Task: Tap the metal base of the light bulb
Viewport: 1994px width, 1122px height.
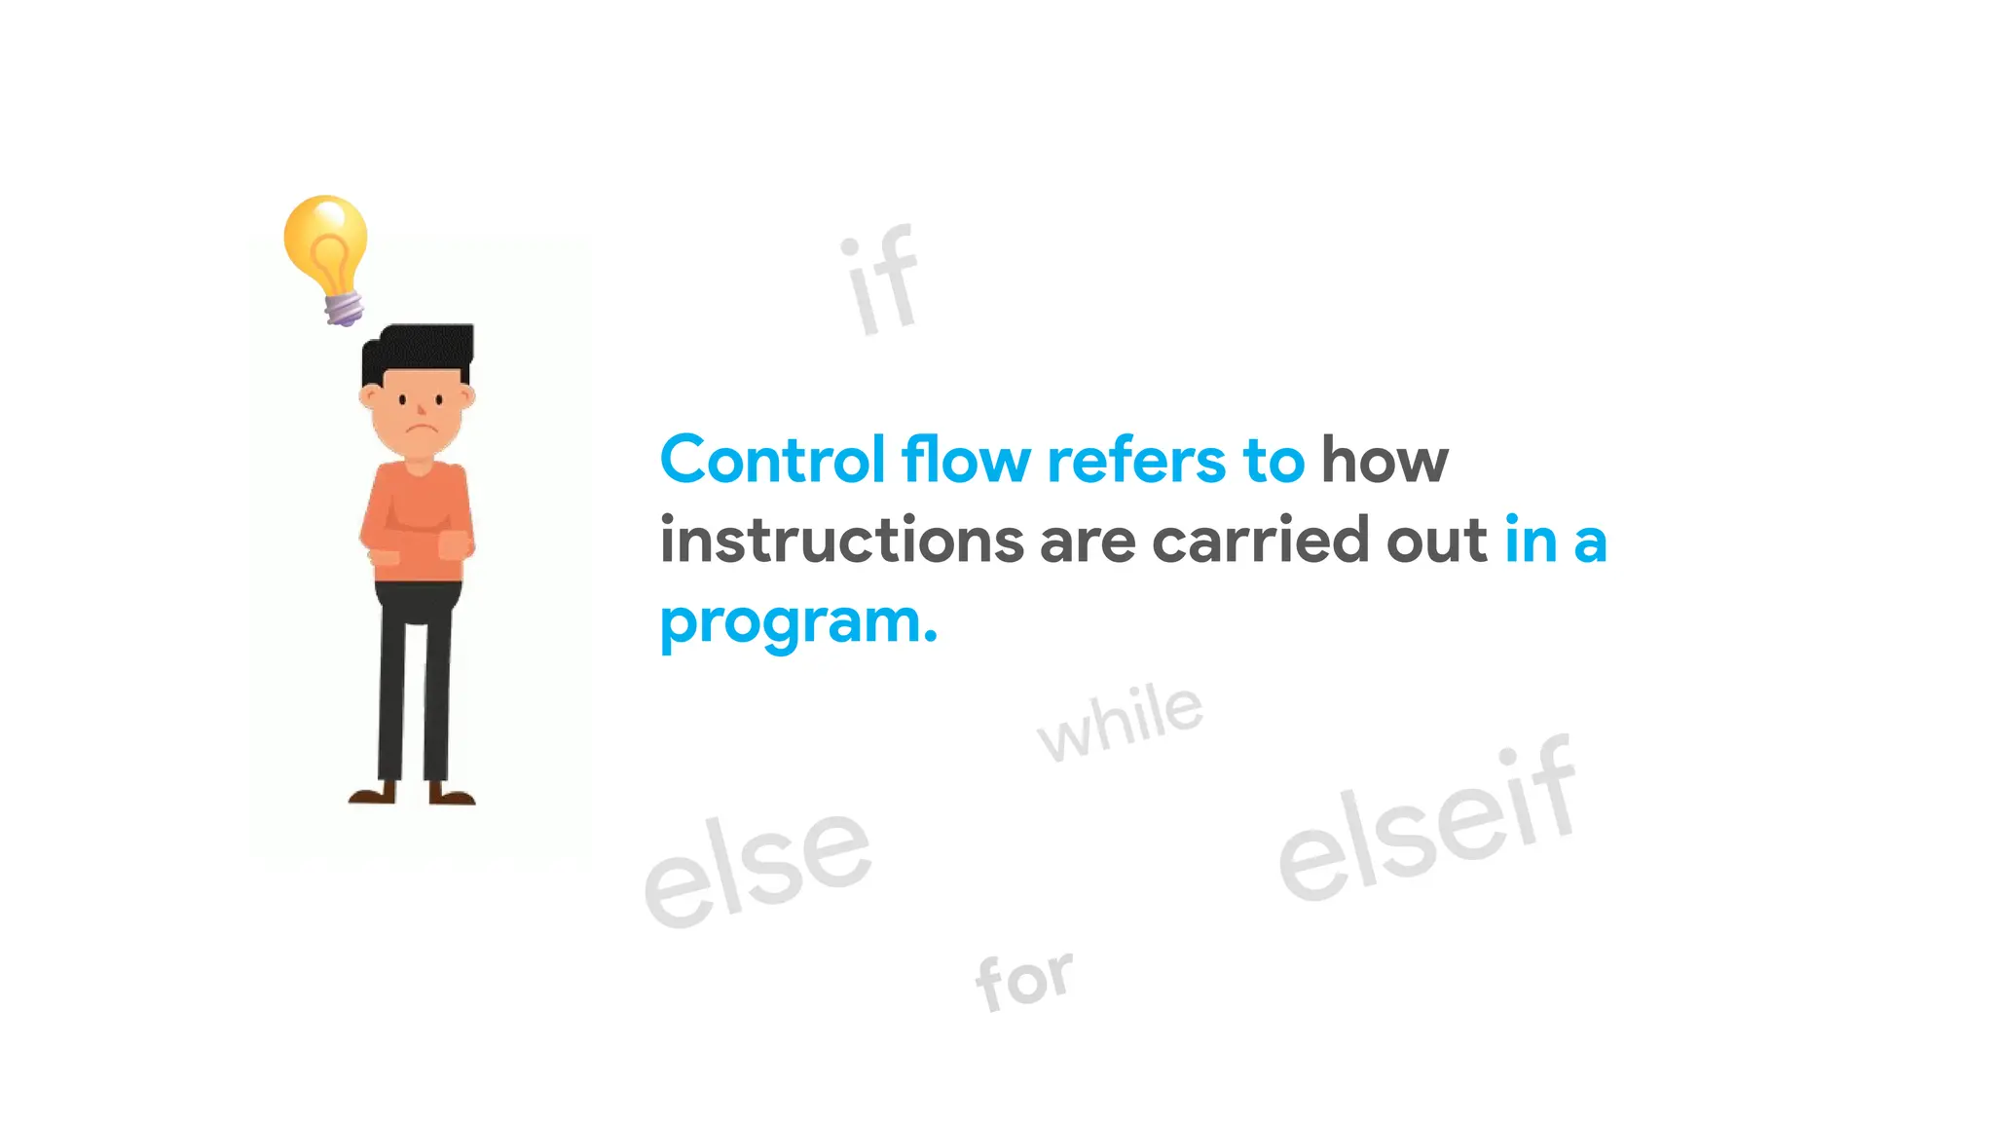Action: click(344, 309)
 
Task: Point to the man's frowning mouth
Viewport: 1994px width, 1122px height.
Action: click(420, 430)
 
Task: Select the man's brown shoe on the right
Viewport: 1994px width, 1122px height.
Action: click(451, 796)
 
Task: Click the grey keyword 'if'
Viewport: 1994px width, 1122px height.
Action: click(881, 281)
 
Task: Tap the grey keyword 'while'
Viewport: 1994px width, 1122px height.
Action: click(1121, 723)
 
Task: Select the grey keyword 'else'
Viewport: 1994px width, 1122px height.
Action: click(757, 867)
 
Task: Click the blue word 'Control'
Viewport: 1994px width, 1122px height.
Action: click(772, 460)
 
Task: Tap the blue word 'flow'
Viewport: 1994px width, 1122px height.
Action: click(965, 460)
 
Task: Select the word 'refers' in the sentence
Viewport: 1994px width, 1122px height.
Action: click(1135, 460)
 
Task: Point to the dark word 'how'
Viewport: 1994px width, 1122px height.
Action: click(1385, 460)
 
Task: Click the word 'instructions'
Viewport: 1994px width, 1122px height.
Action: click(841, 541)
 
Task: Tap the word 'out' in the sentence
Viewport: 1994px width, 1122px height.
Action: click(1437, 541)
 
